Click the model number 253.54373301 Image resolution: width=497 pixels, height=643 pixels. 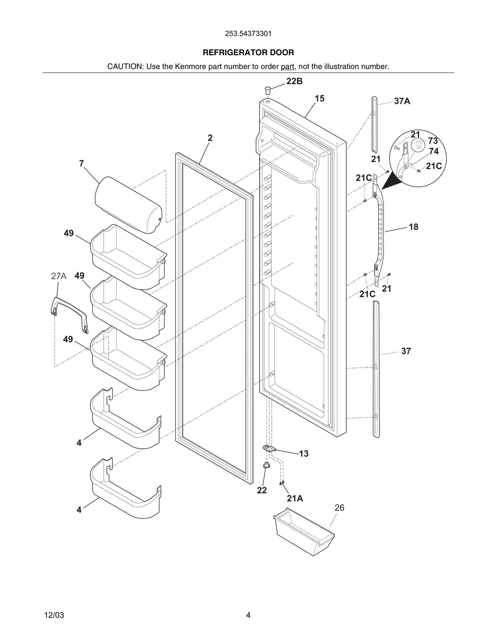[x=248, y=34]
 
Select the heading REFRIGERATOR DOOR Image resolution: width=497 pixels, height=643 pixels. [x=248, y=53]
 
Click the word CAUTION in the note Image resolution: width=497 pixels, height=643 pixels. [x=125, y=67]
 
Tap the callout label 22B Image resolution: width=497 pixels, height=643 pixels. [x=295, y=81]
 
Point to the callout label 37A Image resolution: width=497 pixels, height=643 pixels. [x=402, y=101]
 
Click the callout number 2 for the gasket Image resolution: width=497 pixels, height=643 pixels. [x=210, y=138]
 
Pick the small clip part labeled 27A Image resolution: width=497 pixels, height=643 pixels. [x=70, y=314]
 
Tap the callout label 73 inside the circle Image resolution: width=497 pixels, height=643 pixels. [x=433, y=141]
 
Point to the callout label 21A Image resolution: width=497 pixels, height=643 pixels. [x=295, y=498]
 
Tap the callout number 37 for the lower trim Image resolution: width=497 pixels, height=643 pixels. [x=406, y=351]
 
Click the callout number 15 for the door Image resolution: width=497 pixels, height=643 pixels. [x=319, y=99]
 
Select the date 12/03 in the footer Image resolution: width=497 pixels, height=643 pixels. [x=54, y=615]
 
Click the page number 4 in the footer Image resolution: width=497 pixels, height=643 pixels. [x=248, y=615]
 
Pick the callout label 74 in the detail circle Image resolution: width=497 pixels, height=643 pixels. [x=434, y=151]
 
